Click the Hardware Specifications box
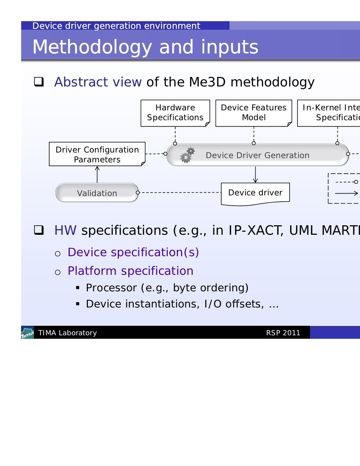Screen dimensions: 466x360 (175, 113)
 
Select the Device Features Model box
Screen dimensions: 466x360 (253, 113)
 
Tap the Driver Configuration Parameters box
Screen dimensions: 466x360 (97, 154)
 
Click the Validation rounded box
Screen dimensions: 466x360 (97, 193)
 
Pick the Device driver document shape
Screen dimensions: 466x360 (255, 193)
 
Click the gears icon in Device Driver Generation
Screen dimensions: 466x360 (187, 155)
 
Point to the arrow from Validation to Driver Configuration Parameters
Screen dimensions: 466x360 (97, 174)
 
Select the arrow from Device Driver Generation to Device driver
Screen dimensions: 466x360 (255, 175)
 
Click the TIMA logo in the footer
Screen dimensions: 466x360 (27, 332)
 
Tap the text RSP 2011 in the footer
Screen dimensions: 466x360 (283, 333)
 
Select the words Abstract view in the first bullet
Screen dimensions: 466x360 (98, 82)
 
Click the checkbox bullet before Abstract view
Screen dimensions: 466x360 (39, 82)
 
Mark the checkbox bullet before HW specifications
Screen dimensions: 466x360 (39, 230)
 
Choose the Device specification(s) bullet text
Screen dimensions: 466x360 (133, 252)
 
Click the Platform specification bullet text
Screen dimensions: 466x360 (130, 271)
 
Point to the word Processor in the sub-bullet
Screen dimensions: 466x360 (111, 288)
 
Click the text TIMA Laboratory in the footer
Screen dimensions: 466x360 (67, 333)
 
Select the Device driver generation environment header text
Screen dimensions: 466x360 (116, 26)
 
